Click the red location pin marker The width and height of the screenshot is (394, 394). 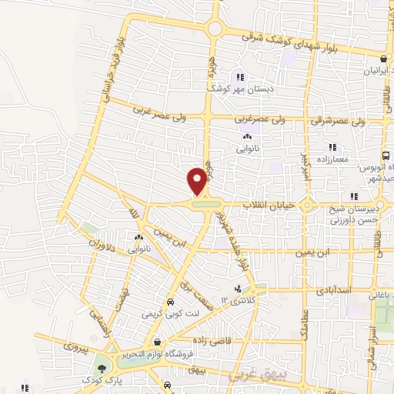point(197,182)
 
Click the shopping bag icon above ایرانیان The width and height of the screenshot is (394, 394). point(383,58)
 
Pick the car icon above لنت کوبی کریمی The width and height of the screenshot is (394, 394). point(170,302)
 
